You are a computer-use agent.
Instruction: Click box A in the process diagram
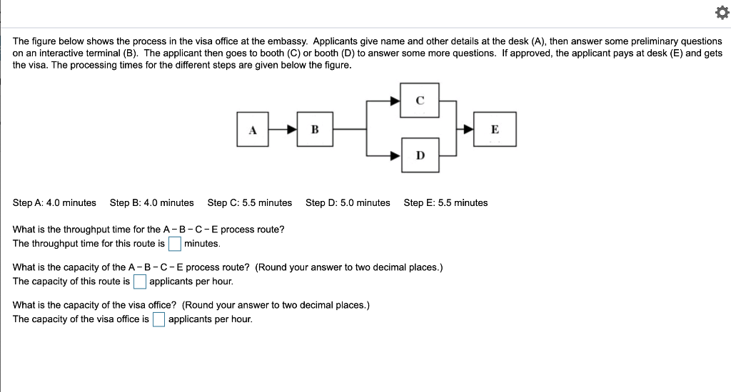point(252,130)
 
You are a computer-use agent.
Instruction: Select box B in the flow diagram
point(315,130)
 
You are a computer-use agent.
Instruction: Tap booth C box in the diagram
point(420,101)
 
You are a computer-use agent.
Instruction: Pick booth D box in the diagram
point(420,155)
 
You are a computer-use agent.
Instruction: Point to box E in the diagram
point(495,130)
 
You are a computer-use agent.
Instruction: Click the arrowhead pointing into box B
point(291,130)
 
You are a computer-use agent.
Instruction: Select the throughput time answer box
point(175,244)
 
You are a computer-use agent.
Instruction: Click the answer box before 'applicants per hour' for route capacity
point(140,282)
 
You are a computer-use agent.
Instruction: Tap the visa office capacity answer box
point(158,319)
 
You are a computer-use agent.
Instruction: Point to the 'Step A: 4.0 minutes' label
point(54,203)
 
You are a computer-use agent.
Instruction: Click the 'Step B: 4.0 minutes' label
point(151,203)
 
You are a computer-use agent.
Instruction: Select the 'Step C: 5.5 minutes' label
point(250,203)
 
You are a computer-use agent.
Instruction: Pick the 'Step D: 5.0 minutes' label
point(348,203)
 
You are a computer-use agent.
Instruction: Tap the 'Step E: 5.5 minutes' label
point(445,203)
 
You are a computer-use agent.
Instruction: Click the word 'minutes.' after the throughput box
point(202,244)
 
